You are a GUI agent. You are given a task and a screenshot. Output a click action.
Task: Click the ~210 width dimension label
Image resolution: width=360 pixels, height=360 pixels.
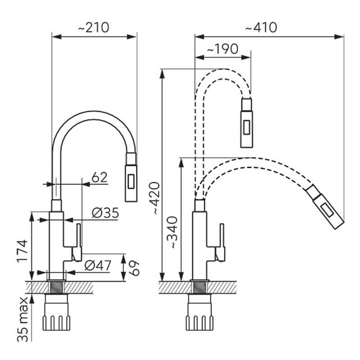94,27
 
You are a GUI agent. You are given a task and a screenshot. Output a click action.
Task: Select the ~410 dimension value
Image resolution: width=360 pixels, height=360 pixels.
261,27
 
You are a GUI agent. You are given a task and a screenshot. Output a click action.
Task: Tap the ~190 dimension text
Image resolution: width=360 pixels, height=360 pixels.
223,49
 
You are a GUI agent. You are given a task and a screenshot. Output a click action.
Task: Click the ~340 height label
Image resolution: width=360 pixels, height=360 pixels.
172,233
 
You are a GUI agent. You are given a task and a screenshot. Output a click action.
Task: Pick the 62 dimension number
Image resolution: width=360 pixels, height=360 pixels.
99,177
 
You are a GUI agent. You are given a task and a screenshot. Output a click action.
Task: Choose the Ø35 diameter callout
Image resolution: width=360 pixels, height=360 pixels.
105,213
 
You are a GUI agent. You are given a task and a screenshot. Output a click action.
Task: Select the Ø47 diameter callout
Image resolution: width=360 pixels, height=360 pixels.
98,265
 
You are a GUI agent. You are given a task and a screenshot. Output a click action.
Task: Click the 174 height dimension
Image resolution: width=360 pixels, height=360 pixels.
22,252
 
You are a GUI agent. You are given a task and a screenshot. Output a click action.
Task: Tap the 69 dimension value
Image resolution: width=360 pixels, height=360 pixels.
134,268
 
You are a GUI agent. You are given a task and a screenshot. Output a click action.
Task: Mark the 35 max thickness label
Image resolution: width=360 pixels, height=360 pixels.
22,319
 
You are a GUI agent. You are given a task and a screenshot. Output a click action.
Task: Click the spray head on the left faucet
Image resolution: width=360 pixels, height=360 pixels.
131,177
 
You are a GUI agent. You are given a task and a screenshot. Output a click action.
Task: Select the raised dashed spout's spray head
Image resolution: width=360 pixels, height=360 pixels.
247,123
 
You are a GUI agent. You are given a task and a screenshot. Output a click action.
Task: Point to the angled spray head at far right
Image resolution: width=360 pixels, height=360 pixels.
325,207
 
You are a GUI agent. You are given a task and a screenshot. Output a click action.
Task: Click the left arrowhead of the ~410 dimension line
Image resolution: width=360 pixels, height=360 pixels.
199,37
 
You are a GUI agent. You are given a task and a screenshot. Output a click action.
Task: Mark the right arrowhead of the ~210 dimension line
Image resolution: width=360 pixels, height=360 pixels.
132,37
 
